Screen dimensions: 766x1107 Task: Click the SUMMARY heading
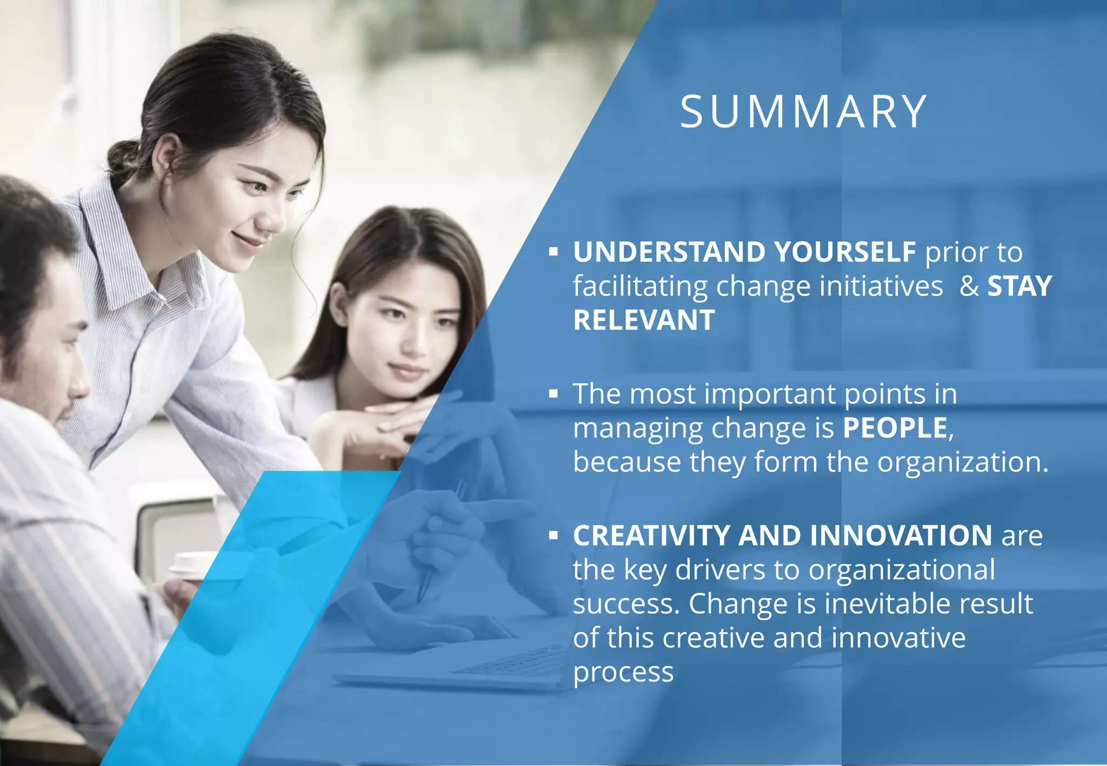pyautogui.click(x=803, y=112)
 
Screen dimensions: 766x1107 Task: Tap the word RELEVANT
pyautogui.click(x=644, y=320)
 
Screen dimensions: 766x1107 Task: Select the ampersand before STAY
pyautogui.click(x=969, y=286)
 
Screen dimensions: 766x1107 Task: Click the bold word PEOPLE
pyautogui.click(x=895, y=428)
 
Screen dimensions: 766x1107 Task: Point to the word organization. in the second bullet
pyautogui.click(x=962, y=462)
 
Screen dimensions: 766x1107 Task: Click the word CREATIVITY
pyautogui.click(x=651, y=535)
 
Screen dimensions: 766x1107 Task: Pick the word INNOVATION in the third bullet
pyautogui.click(x=901, y=535)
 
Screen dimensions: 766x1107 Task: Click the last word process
pyautogui.click(x=623, y=671)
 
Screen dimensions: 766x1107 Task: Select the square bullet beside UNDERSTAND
pyautogui.click(x=552, y=252)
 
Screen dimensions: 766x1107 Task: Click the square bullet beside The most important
pyautogui.click(x=552, y=394)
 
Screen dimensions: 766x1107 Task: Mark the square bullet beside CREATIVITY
pyautogui.click(x=552, y=536)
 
